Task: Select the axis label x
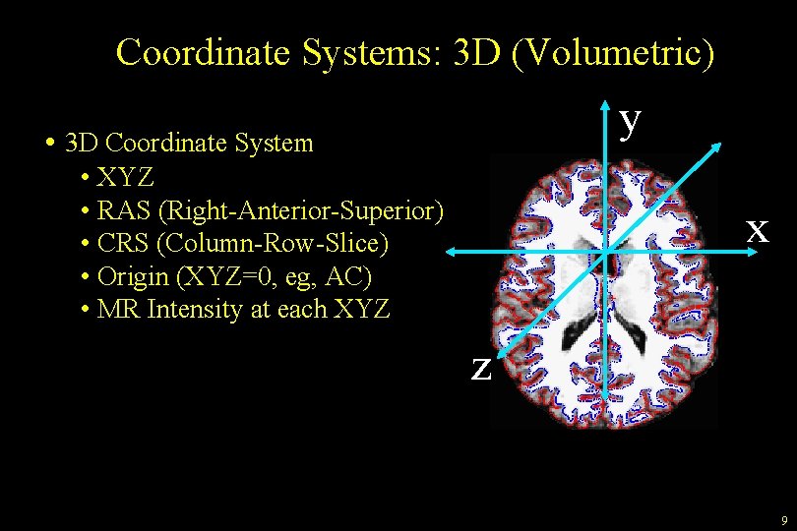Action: coord(757,229)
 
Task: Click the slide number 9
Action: coord(783,519)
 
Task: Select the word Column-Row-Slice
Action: coord(275,243)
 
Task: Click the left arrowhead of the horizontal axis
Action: coord(449,254)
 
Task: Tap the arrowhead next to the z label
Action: coord(501,351)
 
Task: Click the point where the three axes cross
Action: coord(607,254)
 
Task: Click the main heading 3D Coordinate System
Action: coord(188,144)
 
